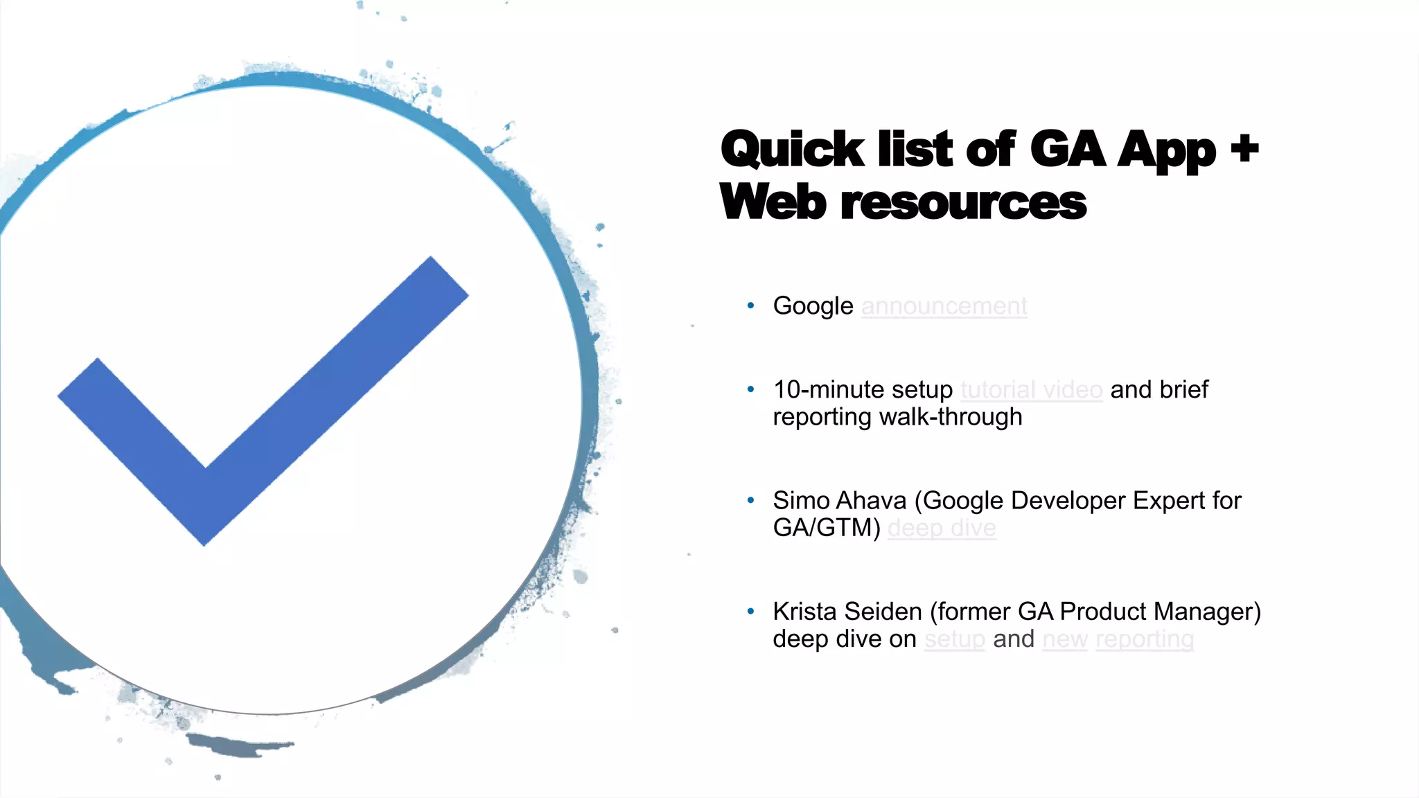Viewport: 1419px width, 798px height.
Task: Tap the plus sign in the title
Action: pos(1244,148)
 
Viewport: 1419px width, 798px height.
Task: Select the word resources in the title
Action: pos(964,203)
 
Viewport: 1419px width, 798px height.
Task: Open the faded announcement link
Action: pos(944,306)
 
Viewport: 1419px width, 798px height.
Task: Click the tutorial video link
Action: pos(1031,390)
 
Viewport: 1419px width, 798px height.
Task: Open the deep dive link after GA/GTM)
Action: pos(942,529)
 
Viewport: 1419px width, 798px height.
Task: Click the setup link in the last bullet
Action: pos(954,639)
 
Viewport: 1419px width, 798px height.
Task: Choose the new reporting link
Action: pos(1118,639)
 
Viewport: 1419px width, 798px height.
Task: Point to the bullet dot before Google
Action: pos(750,305)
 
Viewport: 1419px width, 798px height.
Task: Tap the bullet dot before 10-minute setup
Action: pos(750,389)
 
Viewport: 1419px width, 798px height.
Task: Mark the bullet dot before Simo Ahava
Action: pos(750,500)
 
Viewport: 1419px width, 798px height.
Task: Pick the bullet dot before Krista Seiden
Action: pos(750,611)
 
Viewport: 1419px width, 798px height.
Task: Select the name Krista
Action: pos(804,612)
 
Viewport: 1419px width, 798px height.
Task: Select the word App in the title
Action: pos(1167,151)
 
